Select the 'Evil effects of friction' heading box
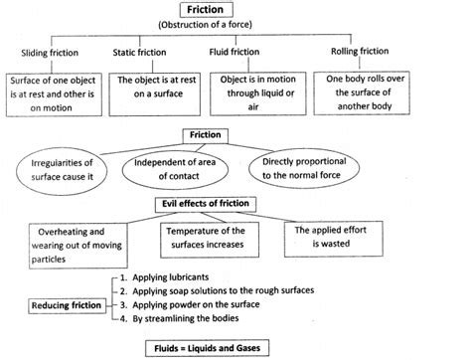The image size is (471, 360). coord(222,204)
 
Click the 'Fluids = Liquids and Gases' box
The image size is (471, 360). coord(235,348)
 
